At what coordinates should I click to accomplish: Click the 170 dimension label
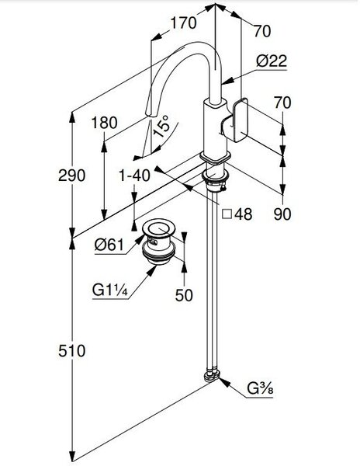pos(183,23)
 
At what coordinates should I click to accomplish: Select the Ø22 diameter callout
pos(272,61)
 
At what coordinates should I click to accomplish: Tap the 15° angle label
pos(161,126)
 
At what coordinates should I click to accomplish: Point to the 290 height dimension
pos(72,175)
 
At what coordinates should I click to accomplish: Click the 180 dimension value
pos(104,123)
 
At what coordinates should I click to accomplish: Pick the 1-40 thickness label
pos(134,176)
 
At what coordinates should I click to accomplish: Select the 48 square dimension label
pos(244,214)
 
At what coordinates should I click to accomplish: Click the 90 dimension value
pos(282,214)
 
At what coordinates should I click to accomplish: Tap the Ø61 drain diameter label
pos(109,245)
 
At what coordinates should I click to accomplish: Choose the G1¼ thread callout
pos(110,290)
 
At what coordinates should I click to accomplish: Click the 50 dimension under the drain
pos(184,295)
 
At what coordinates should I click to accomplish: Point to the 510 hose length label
pos(72,351)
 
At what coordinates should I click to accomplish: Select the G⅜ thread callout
pos(260,388)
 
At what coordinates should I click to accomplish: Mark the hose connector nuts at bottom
pos(212,376)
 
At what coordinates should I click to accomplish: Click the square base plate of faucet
pos(216,157)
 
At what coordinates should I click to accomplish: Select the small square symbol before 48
pos(227,214)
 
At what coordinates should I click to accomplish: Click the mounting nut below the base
pos(215,176)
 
